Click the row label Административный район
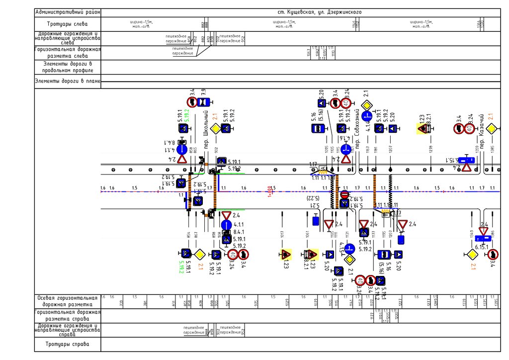coord(67,12)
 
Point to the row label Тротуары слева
coord(67,24)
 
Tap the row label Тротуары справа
coord(67,344)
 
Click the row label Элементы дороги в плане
coord(67,81)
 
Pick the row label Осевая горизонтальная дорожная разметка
coord(67,301)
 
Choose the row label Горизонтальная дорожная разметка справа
coord(67,316)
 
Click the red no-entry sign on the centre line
coord(344,194)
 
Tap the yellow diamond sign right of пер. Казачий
coord(491,129)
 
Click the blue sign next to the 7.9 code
coord(203,102)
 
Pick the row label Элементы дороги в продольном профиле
coord(67,68)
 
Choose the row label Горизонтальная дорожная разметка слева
coord(67,53)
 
